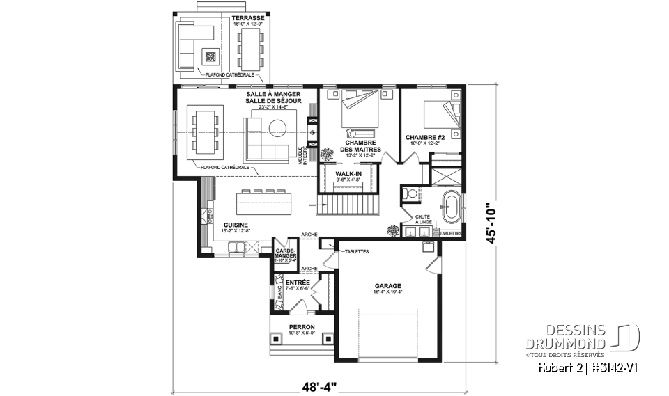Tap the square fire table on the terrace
(x=210, y=57)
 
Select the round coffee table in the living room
(x=279, y=127)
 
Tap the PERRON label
(x=302, y=327)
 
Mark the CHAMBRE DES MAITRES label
(x=360, y=145)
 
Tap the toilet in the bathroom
(x=410, y=193)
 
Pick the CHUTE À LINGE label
(x=423, y=219)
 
